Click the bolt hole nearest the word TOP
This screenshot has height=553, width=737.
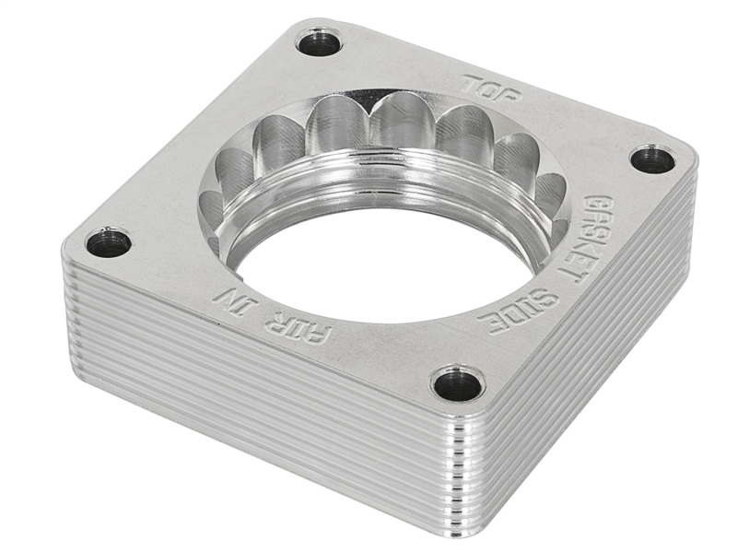pos(319,42)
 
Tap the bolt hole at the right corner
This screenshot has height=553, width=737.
pos(653,159)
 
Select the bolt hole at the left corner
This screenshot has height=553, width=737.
pos(108,242)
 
